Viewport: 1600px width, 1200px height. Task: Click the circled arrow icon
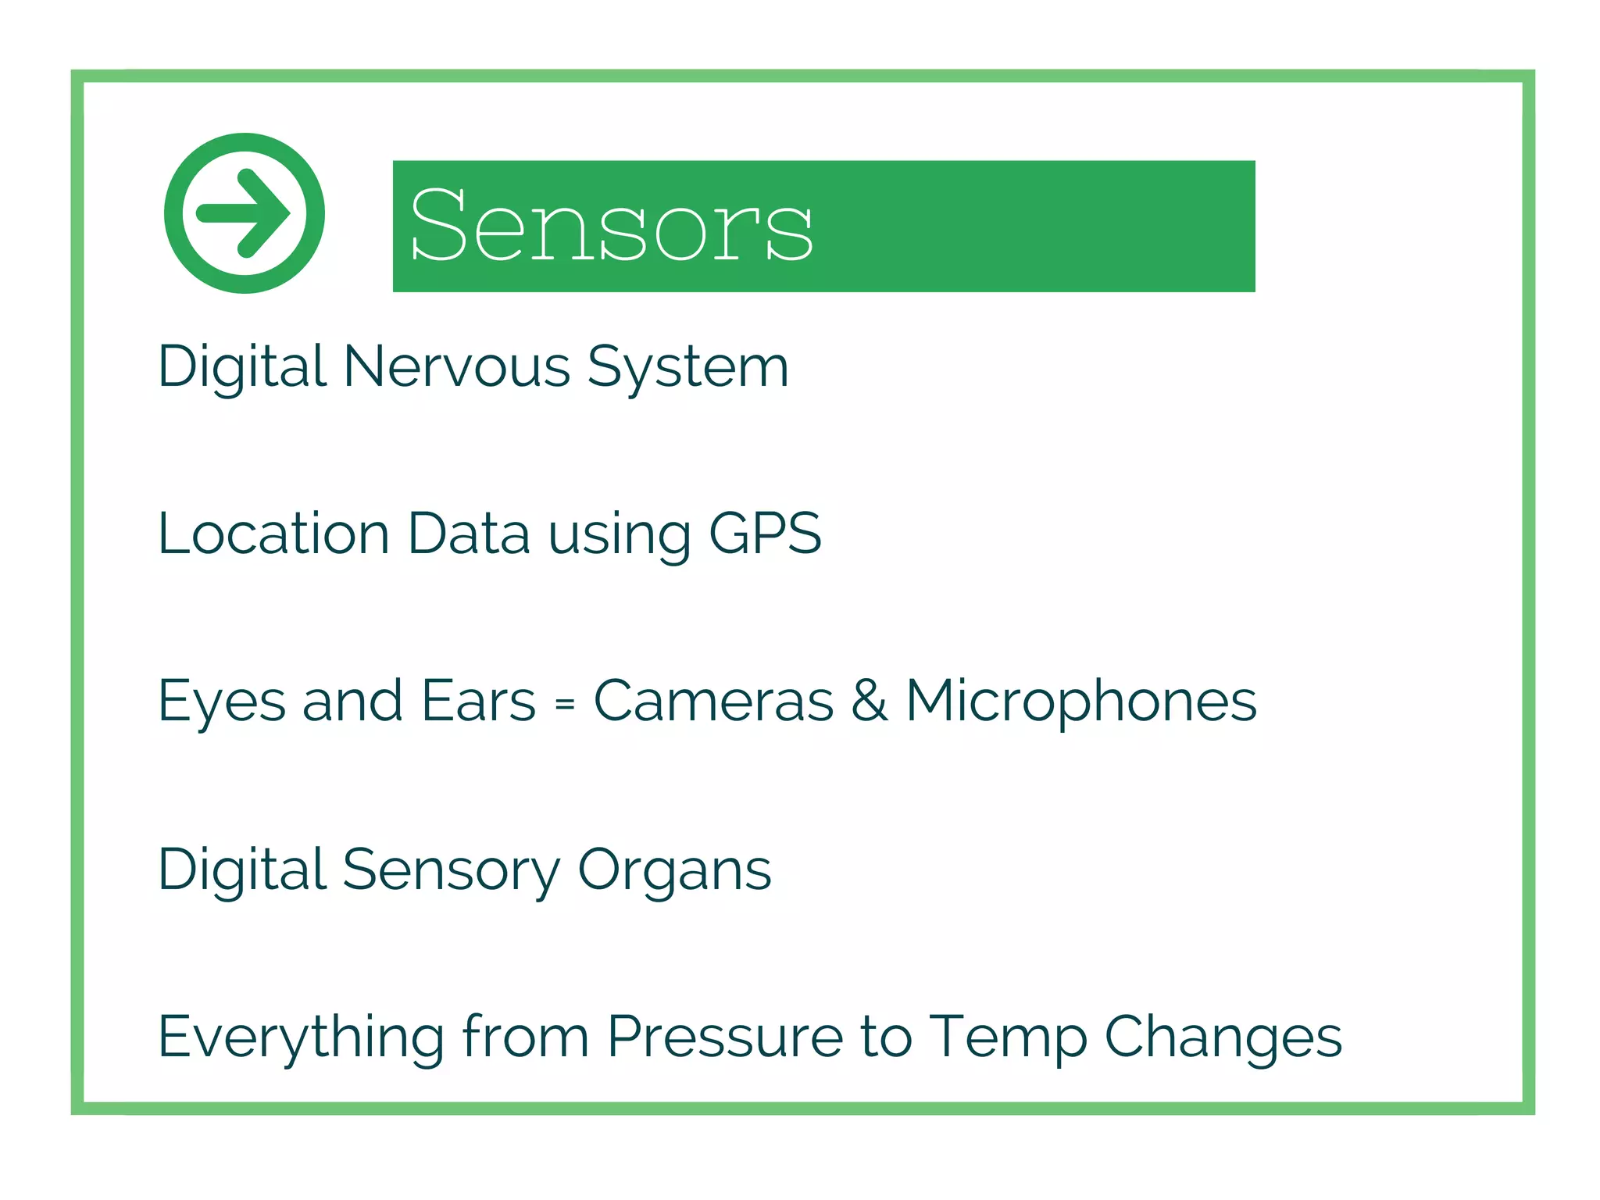[x=245, y=213]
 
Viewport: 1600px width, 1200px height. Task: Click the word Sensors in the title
[x=611, y=226]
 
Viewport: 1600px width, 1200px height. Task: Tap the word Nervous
[x=457, y=366]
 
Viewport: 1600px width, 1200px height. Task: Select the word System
[x=687, y=368]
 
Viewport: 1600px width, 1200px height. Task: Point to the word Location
[x=273, y=534]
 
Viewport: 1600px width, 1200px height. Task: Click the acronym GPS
[x=765, y=534]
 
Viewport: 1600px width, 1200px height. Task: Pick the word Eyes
[x=222, y=702]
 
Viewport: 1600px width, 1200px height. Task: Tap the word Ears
[x=478, y=700]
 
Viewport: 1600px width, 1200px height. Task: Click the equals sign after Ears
[x=565, y=704]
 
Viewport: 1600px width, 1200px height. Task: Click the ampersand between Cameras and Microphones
[x=869, y=700]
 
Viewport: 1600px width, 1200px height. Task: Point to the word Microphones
[x=1081, y=702]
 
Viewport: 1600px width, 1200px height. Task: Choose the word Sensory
[x=452, y=870]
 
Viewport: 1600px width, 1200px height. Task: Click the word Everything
[x=302, y=1037]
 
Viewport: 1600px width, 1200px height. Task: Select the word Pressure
[x=726, y=1037]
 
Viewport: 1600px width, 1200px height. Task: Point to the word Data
[x=469, y=534]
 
